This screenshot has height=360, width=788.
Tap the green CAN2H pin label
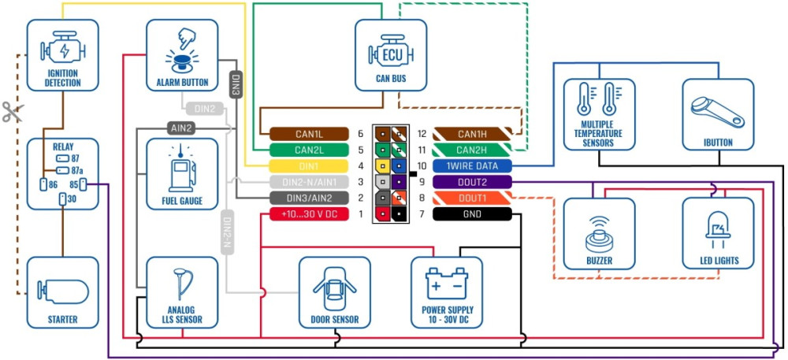(x=472, y=150)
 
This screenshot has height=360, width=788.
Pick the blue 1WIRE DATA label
(x=472, y=166)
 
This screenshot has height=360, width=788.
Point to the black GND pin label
(x=472, y=213)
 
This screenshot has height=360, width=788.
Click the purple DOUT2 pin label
(x=472, y=182)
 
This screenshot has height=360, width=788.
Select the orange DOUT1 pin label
(x=472, y=198)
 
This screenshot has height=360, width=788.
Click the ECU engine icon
(x=391, y=53)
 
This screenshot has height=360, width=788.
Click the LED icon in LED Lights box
(x=717, y=229)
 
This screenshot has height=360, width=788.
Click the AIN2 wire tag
(x=180, y=127)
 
